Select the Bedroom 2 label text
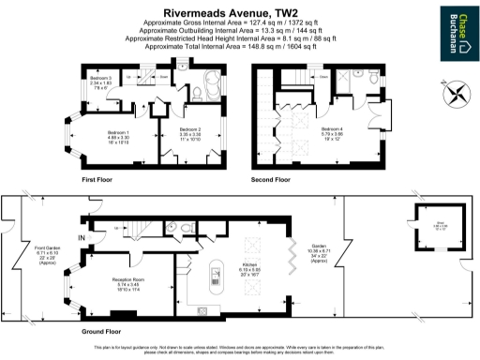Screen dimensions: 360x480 click(x=189, y=132)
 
